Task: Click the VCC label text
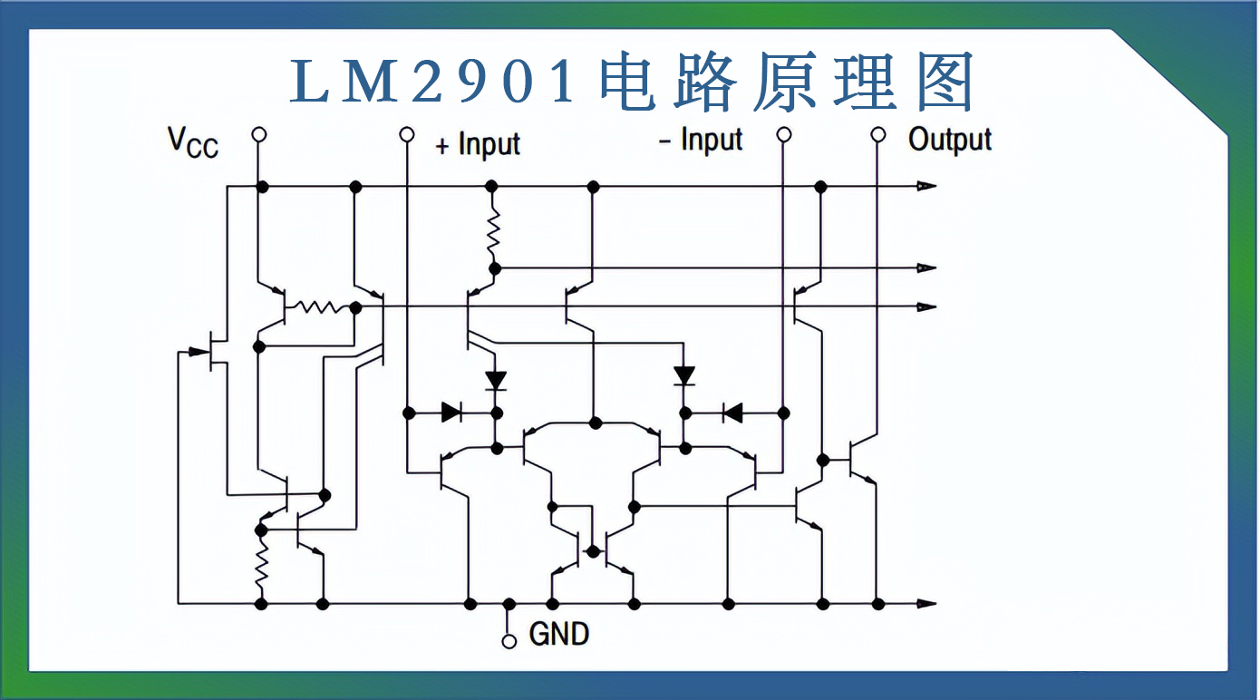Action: click(x=193, y=142)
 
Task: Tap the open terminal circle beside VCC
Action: click(x=259, y=134)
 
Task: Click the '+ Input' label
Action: click(x=478, y=144)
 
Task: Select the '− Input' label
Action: click(x=700, y=141)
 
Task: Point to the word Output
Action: click(x=950, y=140)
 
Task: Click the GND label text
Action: click(x=558, y=633)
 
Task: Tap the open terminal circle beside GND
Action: click(x=509, y=641)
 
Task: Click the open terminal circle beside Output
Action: click(x=877, y=134)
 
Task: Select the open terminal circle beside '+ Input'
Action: click(x=407, y=134)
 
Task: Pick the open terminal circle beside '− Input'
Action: click(x=784, y=134)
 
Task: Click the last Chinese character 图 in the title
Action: click(x=945, y=83)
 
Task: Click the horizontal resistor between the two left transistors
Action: click(x=317, y=307)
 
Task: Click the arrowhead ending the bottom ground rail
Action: click(x=926, y=604)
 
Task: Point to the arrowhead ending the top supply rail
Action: click(x=926, y=186)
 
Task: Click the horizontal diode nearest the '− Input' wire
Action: click(x=732, y=413)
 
